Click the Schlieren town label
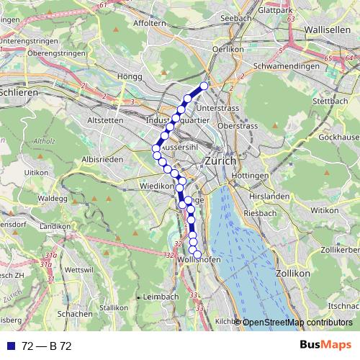click(17, 92)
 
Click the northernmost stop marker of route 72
click(204, 86)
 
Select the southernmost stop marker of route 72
click(197, 254)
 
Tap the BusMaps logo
click(325, 345)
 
